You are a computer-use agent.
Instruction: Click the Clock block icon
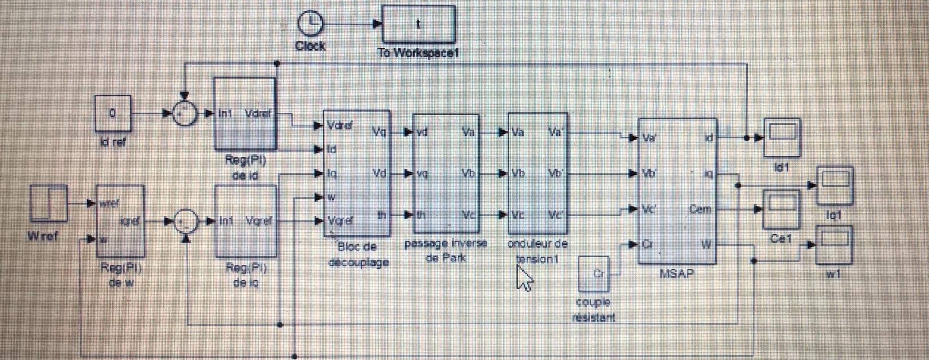pos(310,25)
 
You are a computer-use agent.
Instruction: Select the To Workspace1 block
pos(419,24)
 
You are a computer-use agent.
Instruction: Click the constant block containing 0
pos(113,113)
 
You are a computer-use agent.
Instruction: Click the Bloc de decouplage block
pos(357,173)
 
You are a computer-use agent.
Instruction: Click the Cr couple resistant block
pos(594,274)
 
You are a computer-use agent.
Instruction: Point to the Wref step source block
pos(48,203)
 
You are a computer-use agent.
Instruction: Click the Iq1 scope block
pos(835,185)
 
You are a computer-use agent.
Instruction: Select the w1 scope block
pos(835,245)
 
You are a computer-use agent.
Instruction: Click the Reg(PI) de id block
pos(245,114)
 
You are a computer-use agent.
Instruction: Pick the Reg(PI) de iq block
pos(245,220)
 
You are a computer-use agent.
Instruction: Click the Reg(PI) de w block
pos(120,220)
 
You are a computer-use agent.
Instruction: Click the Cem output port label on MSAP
pos(700,210)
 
